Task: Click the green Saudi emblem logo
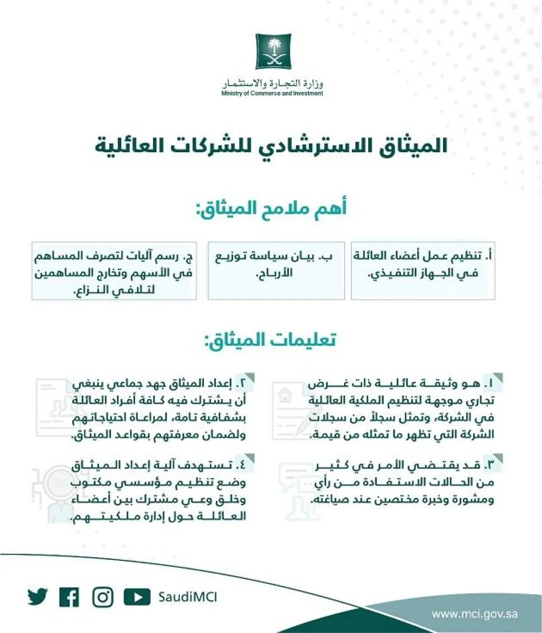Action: (x=273, y=51)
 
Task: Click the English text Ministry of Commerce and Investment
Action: (x=272, y=93)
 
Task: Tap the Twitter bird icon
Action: (x=37, y=597)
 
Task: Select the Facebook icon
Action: (x=69, y=597)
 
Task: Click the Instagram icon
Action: (x=103, y=597)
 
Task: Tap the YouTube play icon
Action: (x=136, y=597)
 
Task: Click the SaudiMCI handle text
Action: (x=187, y=597)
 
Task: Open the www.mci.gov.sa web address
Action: (x=474, y=614)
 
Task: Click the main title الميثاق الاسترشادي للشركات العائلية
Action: (x=271, y=146)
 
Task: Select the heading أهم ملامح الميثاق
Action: (x=271, y=209)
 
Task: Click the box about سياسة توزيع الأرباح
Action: (x=276, y=270)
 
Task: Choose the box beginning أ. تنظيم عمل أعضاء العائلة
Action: (x=423, y=270)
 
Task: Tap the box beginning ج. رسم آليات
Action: (x=114, y=270)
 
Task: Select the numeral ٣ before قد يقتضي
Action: (x=489, y=465)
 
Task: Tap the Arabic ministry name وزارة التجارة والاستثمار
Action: (x=272, y=84)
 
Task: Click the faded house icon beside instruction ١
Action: (x=285, y=396)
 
